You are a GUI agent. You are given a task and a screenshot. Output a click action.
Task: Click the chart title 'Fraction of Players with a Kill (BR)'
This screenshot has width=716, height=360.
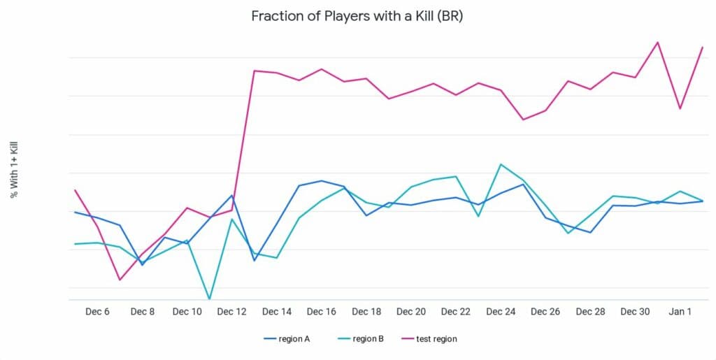point(357,16)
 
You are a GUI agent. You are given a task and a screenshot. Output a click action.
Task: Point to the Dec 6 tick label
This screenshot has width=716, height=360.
point(97,312)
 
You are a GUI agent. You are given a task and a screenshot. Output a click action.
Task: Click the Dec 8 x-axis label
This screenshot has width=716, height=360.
point(142,312)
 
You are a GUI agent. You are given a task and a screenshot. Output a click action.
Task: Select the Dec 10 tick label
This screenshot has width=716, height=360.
point(187,312)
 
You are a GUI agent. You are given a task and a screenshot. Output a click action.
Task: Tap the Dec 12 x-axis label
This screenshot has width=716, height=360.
point(232,312)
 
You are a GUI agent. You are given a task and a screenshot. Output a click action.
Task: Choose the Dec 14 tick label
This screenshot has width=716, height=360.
point(277,312)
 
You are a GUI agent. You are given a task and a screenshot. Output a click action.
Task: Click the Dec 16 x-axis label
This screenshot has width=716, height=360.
point(322,312)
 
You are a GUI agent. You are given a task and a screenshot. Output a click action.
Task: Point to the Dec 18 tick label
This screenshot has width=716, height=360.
point(366,312)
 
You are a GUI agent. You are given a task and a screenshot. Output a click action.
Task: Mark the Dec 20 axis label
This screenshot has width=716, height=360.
point(411,312)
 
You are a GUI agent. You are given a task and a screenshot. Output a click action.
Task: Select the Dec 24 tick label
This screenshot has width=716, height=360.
point(501,312)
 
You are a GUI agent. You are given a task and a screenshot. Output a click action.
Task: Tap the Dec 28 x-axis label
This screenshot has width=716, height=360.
point(590,312)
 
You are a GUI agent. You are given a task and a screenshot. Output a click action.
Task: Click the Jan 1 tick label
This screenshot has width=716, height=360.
point(680,312)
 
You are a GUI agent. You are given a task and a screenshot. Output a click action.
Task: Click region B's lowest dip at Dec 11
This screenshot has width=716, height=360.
point(209,299)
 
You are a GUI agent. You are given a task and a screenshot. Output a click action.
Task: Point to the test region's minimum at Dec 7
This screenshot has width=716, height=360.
point(120,280)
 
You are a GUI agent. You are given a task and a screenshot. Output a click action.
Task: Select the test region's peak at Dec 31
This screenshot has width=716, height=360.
point(657,42)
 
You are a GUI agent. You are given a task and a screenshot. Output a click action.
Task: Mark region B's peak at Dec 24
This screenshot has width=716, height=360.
point(501,164)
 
